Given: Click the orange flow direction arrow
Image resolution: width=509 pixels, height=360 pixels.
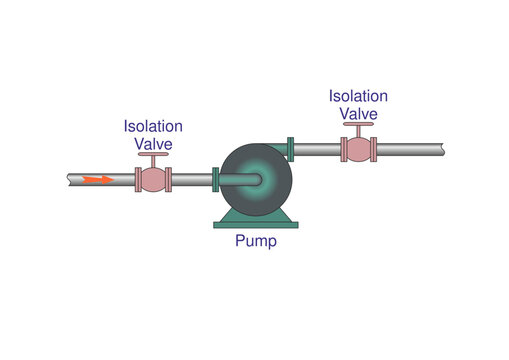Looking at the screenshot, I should coord(97,180).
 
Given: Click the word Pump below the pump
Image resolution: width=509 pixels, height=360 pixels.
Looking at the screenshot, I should coord(255,241).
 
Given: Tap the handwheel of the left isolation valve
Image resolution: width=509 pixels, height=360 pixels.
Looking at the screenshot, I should coord(153,155).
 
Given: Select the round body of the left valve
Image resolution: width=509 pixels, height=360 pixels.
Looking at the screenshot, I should coord(153,180).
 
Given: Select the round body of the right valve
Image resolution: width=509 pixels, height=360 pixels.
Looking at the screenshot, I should coord(358,149).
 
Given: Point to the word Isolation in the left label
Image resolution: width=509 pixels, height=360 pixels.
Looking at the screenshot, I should coord(153,126).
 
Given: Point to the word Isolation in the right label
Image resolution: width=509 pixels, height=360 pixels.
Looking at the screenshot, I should coord(358,96).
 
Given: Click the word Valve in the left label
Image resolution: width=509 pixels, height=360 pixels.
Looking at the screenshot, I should coord(153,143).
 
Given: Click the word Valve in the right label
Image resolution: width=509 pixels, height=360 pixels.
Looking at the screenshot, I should coord(358,113).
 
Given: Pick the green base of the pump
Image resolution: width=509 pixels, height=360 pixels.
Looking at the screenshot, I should coord(255,219).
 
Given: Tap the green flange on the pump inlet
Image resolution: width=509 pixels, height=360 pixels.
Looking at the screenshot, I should coord(215,180).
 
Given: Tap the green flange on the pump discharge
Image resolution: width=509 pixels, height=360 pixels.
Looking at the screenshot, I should coord(290,149).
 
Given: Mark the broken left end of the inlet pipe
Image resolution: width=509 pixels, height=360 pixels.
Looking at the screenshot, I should coord(70,180).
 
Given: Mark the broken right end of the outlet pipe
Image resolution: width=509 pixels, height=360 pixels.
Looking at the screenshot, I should coord(440,149).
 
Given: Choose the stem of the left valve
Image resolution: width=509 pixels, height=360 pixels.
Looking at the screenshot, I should coord(153,163).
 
